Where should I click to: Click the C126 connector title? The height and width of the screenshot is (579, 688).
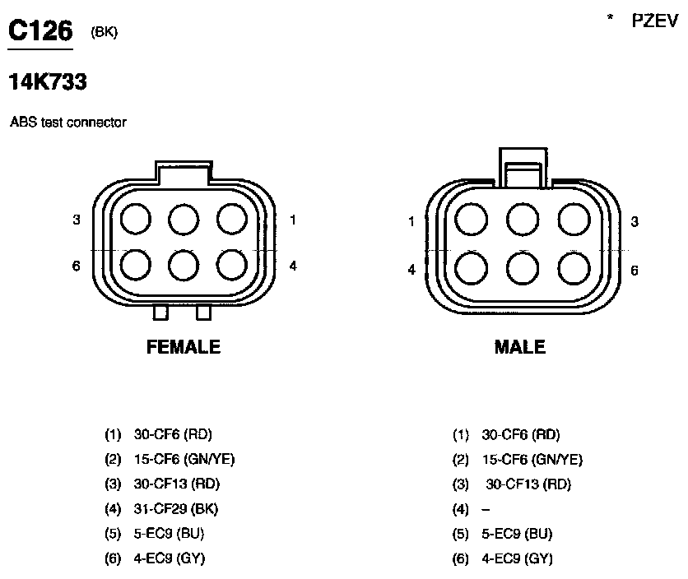pos(40,30)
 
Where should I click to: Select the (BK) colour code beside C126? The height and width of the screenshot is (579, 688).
pos(104,32)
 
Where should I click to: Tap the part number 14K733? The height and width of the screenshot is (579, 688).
pos(48,81)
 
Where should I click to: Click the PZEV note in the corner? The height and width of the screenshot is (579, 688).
pos(654,21)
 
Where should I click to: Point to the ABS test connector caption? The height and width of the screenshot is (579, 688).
pos(68,122)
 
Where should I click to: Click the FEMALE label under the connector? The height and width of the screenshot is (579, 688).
pos(184,347)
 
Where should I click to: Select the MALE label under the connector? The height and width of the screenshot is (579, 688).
pos(520,347)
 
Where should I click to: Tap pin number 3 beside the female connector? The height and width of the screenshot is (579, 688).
pos(77,220)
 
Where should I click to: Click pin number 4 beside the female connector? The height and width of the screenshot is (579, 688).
pos(293,266)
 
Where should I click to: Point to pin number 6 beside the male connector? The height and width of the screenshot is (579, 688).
pos(635,271)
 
